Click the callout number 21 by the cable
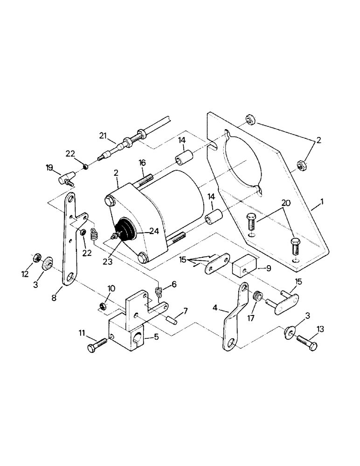103,136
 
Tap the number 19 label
49,168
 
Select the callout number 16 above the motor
142,163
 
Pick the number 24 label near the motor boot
154,230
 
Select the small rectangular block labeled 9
245,268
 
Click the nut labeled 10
103,306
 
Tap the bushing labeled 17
256,295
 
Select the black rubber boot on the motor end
125,232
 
